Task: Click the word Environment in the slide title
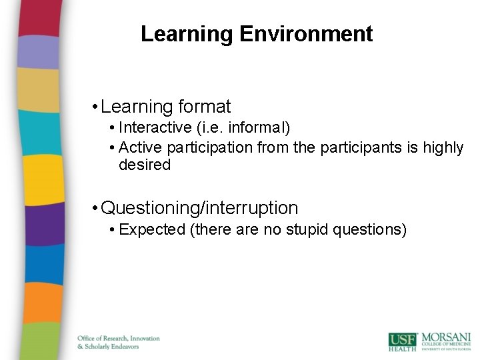coord(306,34)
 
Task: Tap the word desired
coord(144,165)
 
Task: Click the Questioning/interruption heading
coord(199,208)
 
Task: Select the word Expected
coord(151,230)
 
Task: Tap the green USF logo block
coord(403,341)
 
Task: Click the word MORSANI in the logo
coord(445,337)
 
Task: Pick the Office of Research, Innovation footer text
coord(119,338)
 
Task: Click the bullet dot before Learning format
coord(97,107)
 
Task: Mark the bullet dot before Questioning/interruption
coord(97,209)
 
